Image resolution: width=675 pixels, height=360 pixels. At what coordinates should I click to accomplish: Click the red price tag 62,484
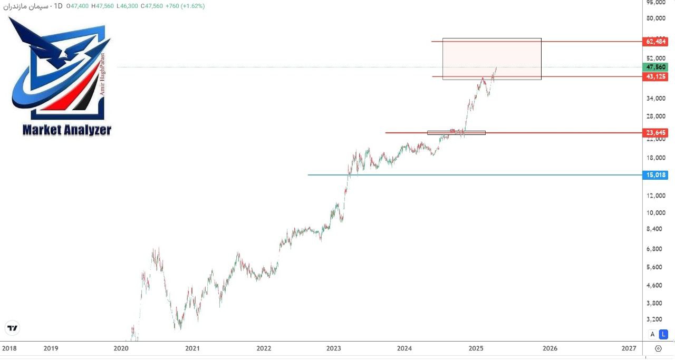(x=655, y=42)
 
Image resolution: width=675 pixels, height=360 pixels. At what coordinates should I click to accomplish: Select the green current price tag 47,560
(x=655, y=67)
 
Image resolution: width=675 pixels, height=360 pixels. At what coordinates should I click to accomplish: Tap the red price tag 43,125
(x=655, y=76)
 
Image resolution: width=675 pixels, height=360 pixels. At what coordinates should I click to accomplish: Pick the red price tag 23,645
(x=655, y=132)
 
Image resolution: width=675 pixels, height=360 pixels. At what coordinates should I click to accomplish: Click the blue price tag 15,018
(x=655, y=175)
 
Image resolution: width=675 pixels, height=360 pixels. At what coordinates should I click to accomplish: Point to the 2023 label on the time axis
(x=333, y=348)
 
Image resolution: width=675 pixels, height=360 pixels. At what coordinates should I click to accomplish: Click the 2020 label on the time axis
(x=121, y=348)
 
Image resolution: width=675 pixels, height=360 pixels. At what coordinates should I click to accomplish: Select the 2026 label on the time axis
(x=549, y=348)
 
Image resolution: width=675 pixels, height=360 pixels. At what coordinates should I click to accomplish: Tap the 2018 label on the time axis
(x=9, y=348)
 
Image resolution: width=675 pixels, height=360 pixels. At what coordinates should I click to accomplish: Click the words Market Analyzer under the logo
(x=67, y=130)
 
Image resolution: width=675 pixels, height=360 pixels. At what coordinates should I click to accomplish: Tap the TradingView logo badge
(x=12, y=328)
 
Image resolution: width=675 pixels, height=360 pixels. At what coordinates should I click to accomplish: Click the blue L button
(x=664, y=334)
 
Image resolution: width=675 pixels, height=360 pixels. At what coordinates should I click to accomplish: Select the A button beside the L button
(x=652, y=334)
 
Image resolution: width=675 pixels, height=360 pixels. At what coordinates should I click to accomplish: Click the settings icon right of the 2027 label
(x=658, y=348)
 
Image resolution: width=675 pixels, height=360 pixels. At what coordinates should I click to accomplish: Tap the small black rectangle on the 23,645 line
(x=456, y=132)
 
